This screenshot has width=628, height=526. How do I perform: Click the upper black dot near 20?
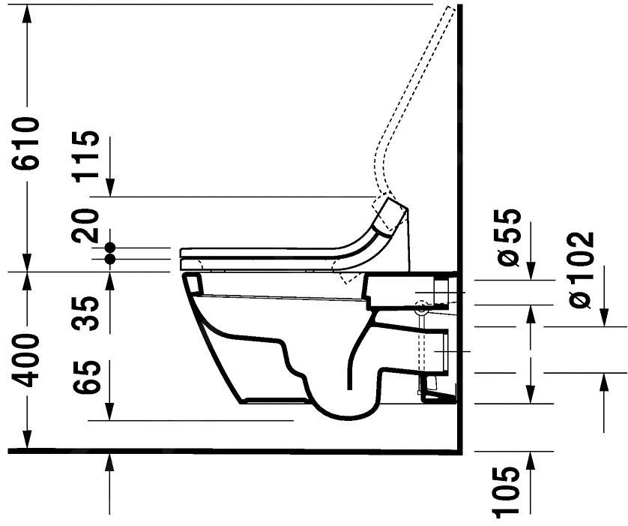click(110, 247)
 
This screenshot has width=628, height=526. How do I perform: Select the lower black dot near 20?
click(110, 260)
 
